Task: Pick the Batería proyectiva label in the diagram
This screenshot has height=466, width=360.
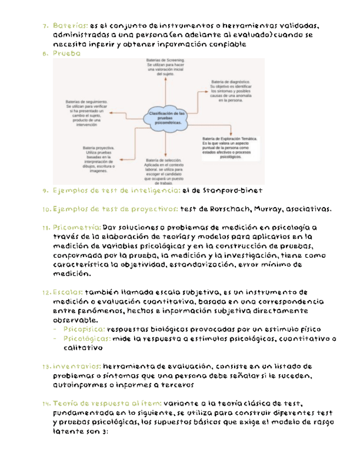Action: (99, 159)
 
